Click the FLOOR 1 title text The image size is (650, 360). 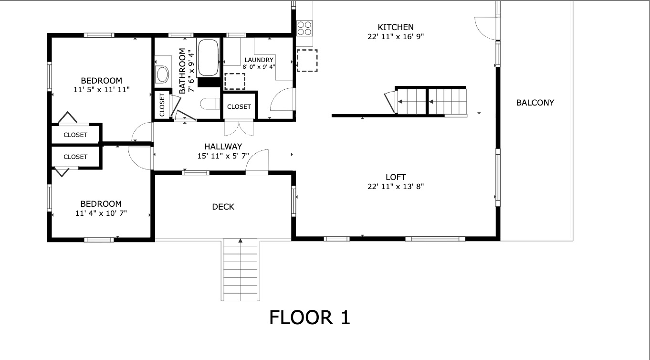click(310, 318)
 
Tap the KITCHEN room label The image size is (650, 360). click(396, 27)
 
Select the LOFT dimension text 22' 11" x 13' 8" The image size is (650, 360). click(396, 186)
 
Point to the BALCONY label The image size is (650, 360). click(535, 102)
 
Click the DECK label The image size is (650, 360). click(223, 207)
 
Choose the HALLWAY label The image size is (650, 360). click(223, 147)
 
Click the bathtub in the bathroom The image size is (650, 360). click(208, 58)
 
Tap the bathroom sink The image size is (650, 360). click(162, 74)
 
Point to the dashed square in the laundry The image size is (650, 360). click(234, 81)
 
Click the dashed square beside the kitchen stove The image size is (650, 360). click(307, 60)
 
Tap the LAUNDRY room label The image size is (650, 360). click(259, 60)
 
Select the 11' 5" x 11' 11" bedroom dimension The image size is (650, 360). click(101, 89)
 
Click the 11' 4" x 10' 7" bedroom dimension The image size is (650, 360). click(101, 213)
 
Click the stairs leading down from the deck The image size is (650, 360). click(240, 270)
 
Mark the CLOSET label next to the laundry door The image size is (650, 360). click(239, 106)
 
